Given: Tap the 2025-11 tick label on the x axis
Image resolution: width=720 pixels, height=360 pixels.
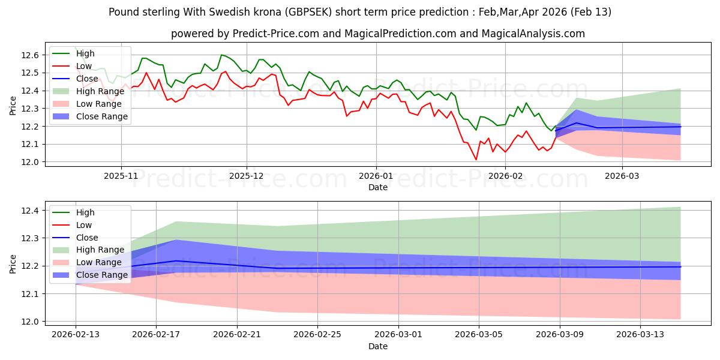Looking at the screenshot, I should click(121, 176).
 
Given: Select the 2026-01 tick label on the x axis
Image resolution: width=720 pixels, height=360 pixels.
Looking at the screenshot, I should click(376, 176).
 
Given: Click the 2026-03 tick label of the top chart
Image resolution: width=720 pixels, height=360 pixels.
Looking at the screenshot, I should click(622, 176).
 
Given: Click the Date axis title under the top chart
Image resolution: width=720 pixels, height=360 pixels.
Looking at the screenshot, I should click(378, 188).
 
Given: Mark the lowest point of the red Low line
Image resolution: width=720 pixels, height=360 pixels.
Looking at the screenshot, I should click(476, 160).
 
